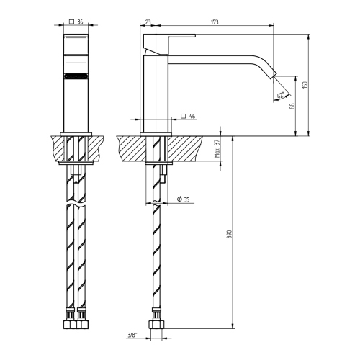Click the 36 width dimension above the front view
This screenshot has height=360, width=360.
click(x=80, y=22)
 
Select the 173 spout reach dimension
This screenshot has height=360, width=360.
click(x=215, y=23)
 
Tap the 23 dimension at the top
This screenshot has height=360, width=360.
click(x=148, y=23)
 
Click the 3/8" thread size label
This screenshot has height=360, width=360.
click(x=132, y=336)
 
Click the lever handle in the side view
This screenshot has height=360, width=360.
click(x=169, y=37)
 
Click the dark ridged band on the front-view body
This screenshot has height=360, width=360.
click(x=76, y=75)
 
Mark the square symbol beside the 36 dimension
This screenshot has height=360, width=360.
click(x=70, y=22)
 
